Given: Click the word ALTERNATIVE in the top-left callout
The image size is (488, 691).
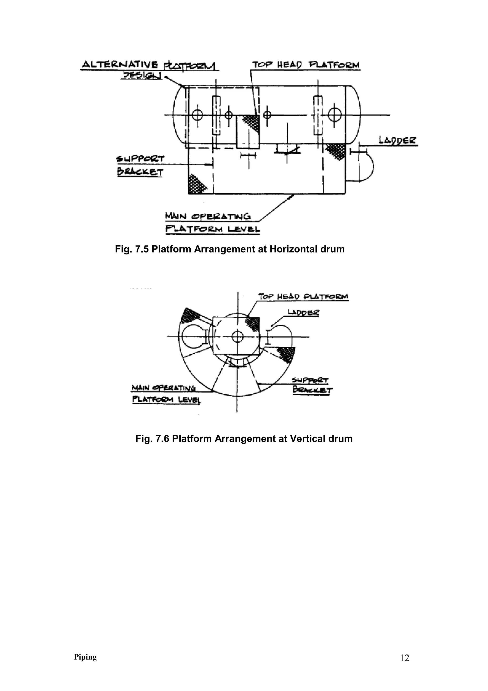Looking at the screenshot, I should click(120, 64).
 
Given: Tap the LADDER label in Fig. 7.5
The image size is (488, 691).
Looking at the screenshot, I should click(397, 140).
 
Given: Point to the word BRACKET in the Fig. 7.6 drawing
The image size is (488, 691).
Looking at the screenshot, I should click(312, 390).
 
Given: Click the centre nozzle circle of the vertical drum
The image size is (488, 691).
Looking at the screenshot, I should click(238, 336).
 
